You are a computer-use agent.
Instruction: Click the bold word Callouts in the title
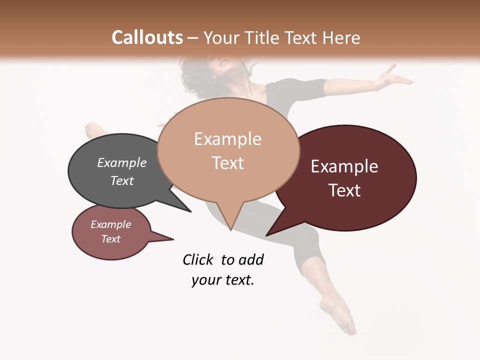click(x=147, y=37)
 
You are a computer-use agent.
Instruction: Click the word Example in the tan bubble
click(x=227, y=139)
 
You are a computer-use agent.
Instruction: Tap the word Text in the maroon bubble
click(x=344, y=190)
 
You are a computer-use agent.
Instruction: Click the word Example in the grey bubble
click(x=121, y=162)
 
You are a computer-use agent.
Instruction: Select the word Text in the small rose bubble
click(x=110, y=239)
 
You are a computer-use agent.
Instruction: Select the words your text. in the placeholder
click(x=223, y=280)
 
